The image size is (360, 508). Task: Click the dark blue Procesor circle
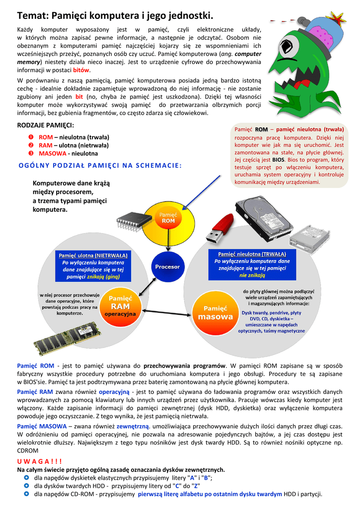coord(167,267)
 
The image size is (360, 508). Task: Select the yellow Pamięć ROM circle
coord(168,219)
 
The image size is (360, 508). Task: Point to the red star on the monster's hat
coord(337,19)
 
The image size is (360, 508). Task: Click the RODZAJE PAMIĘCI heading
coord(46,125)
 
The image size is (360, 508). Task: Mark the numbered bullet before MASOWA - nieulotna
coord(30,153)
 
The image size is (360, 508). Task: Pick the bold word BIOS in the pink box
coord(279,161)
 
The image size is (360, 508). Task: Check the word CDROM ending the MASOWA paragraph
coord(28,451)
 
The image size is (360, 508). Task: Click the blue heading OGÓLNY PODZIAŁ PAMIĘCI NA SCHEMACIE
coord(100,166)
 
